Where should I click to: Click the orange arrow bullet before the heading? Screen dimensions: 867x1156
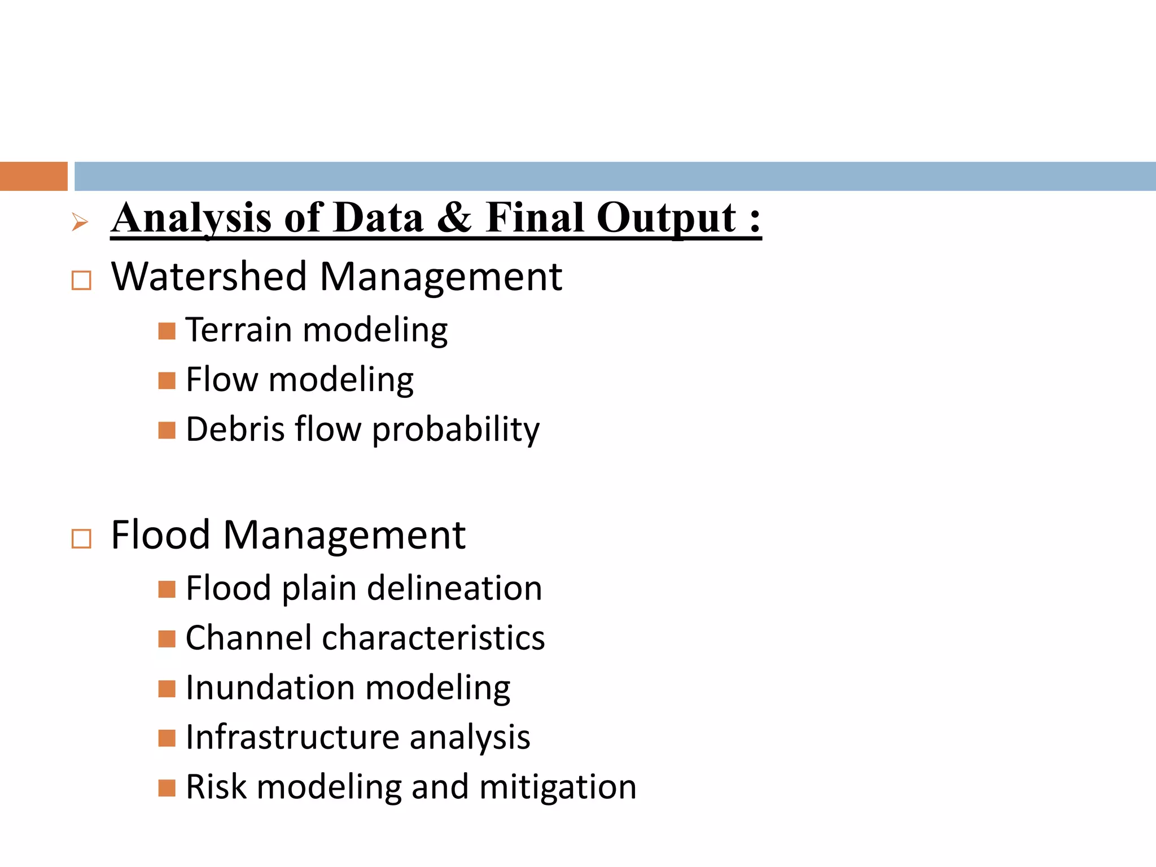tap(80, 222)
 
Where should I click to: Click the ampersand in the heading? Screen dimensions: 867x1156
tap(454, 218)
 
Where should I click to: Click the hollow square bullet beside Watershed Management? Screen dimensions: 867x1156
tap(81, 281)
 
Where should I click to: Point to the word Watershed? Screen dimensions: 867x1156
tap(208, 277)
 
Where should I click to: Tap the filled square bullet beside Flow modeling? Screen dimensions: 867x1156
tap(167, 380)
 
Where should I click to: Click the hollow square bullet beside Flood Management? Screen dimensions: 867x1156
tap(81, 539)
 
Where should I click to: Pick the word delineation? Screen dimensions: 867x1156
tap(454, 589)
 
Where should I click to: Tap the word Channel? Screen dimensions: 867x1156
tap(248, 638)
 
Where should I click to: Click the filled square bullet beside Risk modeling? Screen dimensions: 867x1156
tap(167, 787)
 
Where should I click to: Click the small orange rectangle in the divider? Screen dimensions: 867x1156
tap(33, 176)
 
